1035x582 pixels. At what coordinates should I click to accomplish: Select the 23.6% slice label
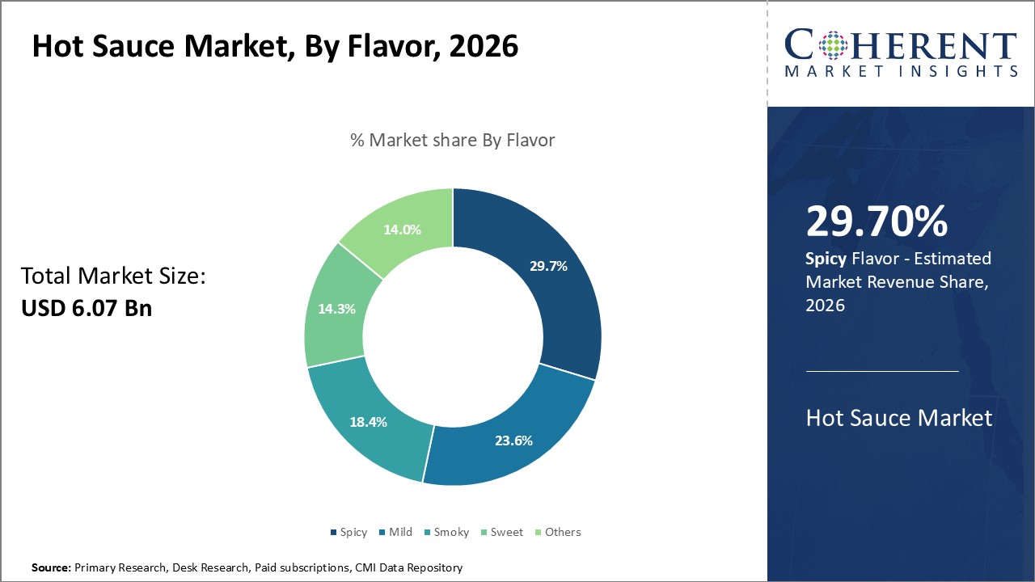pos(513,441)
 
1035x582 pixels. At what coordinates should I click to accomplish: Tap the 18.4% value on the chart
pos(368,422)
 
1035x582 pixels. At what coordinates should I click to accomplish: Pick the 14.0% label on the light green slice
pos(402,229)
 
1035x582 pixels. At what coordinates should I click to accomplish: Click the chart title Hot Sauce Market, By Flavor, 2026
pos(275,47)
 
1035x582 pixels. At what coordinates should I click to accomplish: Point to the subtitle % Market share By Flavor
pos(452,140)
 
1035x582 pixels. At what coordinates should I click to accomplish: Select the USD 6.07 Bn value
pos(87,308)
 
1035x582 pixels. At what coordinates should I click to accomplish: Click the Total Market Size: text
pos(114,276)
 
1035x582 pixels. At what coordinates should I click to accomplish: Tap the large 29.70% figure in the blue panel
pos(877,222)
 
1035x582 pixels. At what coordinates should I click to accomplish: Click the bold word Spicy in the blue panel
pos(825,259)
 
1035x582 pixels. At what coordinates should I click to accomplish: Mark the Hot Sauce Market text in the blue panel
pos(898,418)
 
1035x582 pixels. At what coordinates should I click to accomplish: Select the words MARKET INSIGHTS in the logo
pos(901,71)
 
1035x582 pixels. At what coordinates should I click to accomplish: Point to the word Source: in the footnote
pos(51,568)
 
